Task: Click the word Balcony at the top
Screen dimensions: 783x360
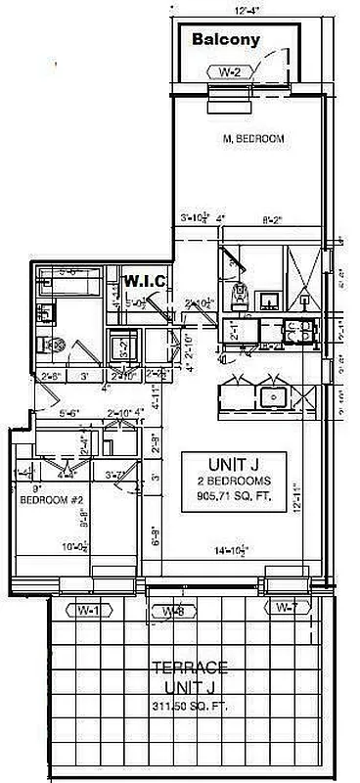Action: coord(226,40)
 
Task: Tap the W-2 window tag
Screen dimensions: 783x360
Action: coord(229,70)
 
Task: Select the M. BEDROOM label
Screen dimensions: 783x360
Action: coord(252,139)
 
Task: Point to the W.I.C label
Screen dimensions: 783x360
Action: coord(145,282)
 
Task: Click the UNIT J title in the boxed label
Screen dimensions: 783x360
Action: coord(234,463)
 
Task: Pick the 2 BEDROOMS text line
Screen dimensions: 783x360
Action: coord(234,481)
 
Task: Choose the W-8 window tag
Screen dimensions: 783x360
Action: coord(172,612)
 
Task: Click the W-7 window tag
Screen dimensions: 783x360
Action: coord(286,609)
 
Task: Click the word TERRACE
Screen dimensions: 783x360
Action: coord(192,669)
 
